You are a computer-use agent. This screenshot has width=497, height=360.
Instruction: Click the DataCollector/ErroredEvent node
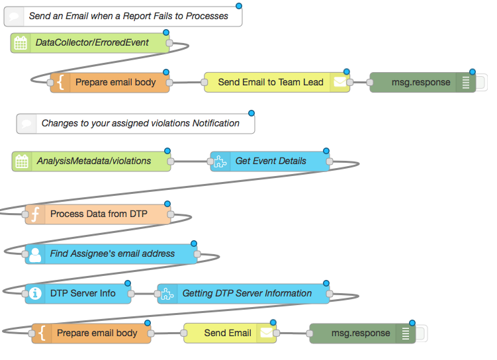(90, 43)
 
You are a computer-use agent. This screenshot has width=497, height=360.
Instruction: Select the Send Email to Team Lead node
(277, 83)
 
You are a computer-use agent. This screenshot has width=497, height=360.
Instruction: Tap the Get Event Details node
(270, 161)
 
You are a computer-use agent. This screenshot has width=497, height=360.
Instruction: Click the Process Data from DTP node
(98, 214)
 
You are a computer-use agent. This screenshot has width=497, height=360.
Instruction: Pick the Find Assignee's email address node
(111, 254)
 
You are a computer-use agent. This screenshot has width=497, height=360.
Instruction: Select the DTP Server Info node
(78, 294)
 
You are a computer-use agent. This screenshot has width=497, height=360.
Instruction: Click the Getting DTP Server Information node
(244, 294)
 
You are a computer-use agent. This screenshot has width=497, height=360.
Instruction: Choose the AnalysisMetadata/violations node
(91, 161)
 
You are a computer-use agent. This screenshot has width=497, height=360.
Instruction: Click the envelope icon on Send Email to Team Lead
(339, 83)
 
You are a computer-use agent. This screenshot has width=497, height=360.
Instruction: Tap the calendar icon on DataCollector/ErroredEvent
(21, 43)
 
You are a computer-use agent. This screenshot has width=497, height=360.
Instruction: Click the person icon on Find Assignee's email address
(35, 254)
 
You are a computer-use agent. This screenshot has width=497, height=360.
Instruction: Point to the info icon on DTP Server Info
(35, 294)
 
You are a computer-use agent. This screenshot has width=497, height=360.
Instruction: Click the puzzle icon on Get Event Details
(220, 161)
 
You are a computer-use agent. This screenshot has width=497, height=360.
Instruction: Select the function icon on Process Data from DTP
(35, 214)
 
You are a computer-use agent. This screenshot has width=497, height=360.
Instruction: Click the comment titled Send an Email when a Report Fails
(123, 17)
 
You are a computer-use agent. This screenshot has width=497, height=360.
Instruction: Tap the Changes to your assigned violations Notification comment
(136, 124)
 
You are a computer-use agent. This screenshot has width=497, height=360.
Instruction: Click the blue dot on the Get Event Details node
(326, 151)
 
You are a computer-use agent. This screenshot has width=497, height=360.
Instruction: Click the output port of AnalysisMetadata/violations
(171, 161)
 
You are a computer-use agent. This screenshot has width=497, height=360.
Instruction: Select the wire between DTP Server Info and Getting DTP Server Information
(144, 294)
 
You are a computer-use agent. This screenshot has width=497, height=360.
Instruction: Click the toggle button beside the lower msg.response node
(422, 334)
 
